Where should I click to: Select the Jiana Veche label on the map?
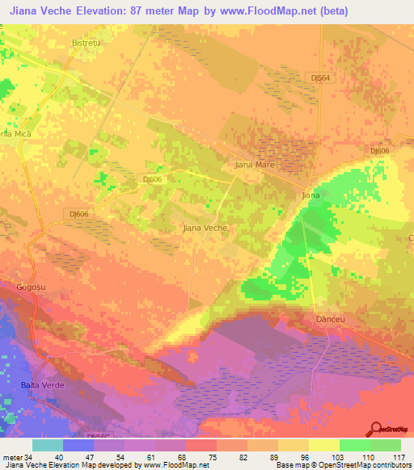click(x=205, y=229)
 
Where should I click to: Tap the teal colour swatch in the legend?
click(x=48, y=445)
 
